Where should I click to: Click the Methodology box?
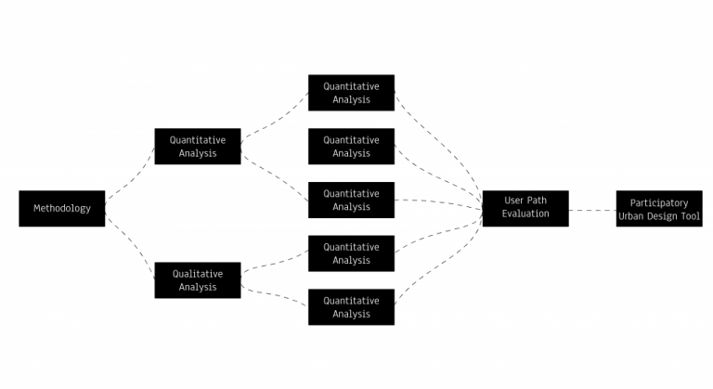(x=61, y=208)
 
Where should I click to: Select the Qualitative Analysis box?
(x=197, y=280)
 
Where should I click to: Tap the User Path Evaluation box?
(x=525, y=207)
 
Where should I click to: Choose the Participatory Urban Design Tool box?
(x=658, y=209)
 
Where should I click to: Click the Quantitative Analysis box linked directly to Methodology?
(x=197, y=147)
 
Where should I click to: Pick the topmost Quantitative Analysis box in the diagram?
(x=351, y=93)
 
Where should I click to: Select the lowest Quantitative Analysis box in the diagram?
(x=351, y=307)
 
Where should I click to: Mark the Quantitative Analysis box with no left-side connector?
(x=351, y=147)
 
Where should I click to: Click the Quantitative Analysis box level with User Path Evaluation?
(x=351, y=201)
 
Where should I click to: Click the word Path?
(x=537, y=201)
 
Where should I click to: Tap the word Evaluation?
(x=525, y=214)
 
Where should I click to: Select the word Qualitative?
(x=197, y=274)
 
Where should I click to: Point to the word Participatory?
(x=658, y=202)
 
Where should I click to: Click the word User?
(x=513, y=201)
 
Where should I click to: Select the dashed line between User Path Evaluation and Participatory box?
(x=592, y=210)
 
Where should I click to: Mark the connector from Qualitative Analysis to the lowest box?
(x=275, y=296)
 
